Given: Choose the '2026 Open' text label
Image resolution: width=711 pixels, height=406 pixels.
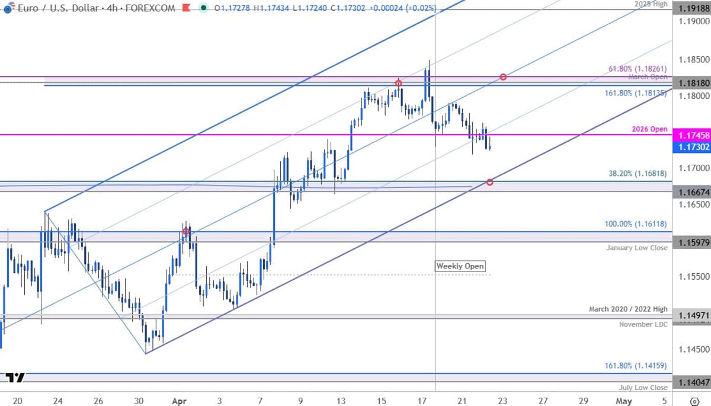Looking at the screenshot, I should pos(651,129).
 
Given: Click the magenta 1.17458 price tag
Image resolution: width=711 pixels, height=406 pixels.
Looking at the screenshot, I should pos(691,135).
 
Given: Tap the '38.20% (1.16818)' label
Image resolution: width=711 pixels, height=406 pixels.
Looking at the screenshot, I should pos(638,174).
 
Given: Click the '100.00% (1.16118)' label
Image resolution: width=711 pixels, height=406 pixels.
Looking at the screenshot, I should pos(636,224).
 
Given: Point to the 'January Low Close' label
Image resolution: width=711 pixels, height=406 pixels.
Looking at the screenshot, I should pos(636,248).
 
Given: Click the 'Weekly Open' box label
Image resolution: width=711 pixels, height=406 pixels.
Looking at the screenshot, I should pos(460,266).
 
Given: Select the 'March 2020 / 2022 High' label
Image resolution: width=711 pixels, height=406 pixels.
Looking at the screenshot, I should pos(628,309).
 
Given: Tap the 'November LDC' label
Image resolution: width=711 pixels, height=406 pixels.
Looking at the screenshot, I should pos(643,324).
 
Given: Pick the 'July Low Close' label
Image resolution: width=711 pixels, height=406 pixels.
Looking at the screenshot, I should pos(642,388).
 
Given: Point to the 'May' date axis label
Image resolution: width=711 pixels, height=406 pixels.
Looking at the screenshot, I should pos(623,401).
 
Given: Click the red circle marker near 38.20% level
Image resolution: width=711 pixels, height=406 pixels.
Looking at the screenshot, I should pos(490,182).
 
